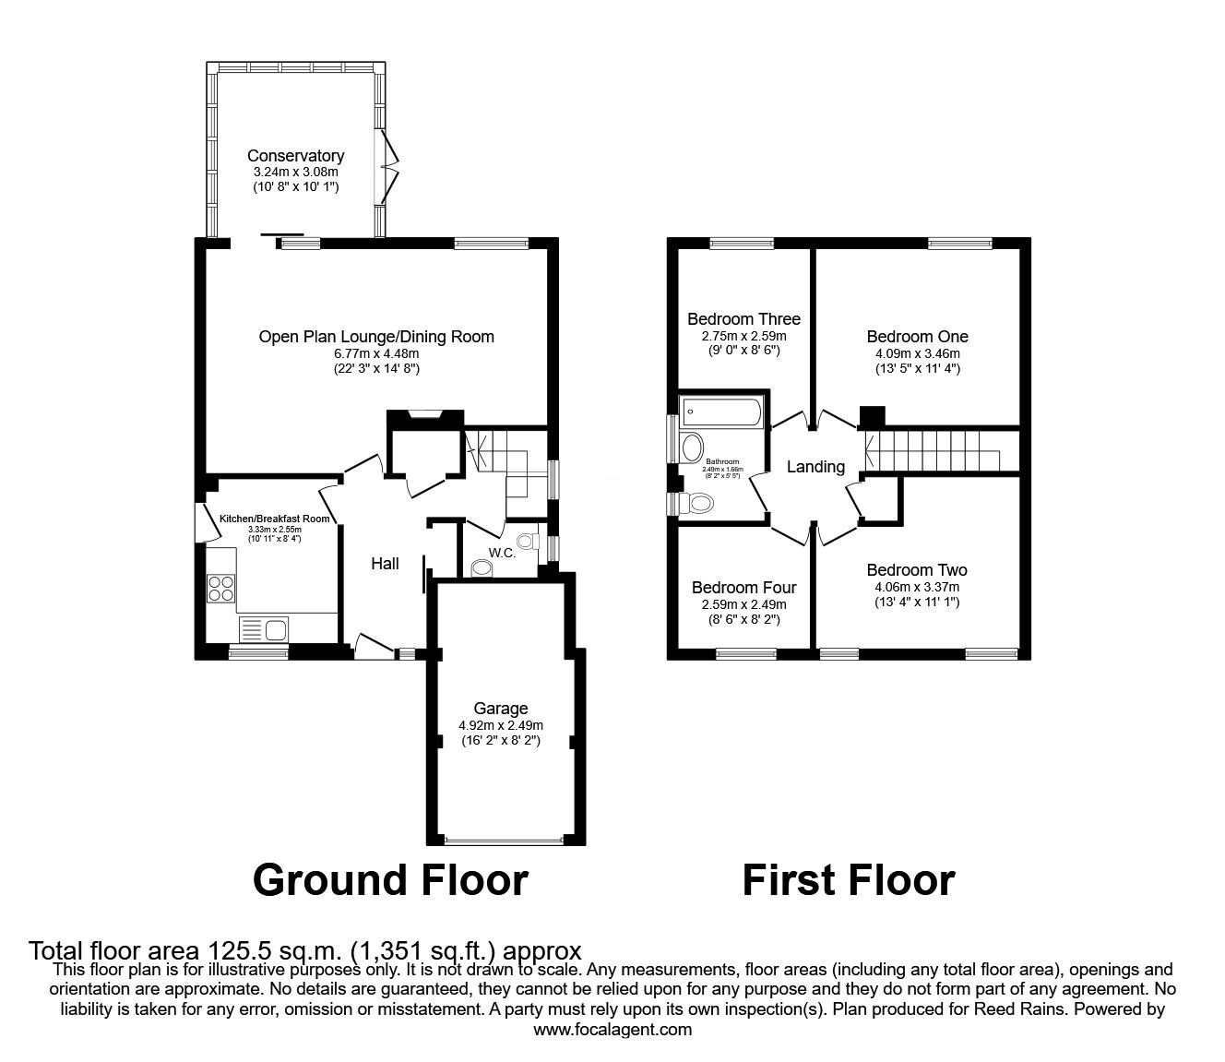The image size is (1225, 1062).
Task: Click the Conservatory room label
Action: pos(295,156)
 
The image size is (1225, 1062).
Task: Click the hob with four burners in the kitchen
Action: pos(221,588)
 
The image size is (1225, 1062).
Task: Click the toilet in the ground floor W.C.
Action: pos(528,541)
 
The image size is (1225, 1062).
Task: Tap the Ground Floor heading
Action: pos(389,880)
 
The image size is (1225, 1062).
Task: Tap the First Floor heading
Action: pos(848,880)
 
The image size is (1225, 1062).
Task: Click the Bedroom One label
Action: pos(917,337)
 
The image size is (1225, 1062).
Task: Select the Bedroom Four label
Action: pos(743,588)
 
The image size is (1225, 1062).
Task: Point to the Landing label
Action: pos(815,467)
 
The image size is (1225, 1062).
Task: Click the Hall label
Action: pos(385,563)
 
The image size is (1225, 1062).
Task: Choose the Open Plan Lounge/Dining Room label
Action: pos(376,337)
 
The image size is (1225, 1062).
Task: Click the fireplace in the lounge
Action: pos(424,415)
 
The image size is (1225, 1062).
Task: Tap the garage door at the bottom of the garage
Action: pos(503,841)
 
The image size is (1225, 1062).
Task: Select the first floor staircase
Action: pos(932,452)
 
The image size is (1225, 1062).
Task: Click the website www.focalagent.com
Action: pos(612,1030)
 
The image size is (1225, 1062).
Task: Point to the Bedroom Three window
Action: pos(742,244)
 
